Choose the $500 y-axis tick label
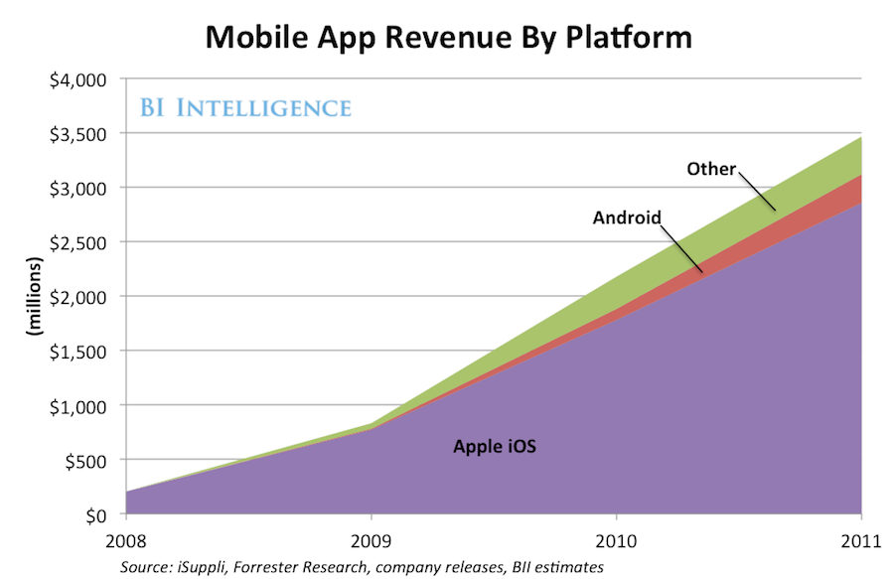(x=85, y=461)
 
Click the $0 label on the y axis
(x=96, y=514)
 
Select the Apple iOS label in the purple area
(x=495, y=447)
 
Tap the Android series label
(x=627, y=217)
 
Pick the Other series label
(x=711, y=169)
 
